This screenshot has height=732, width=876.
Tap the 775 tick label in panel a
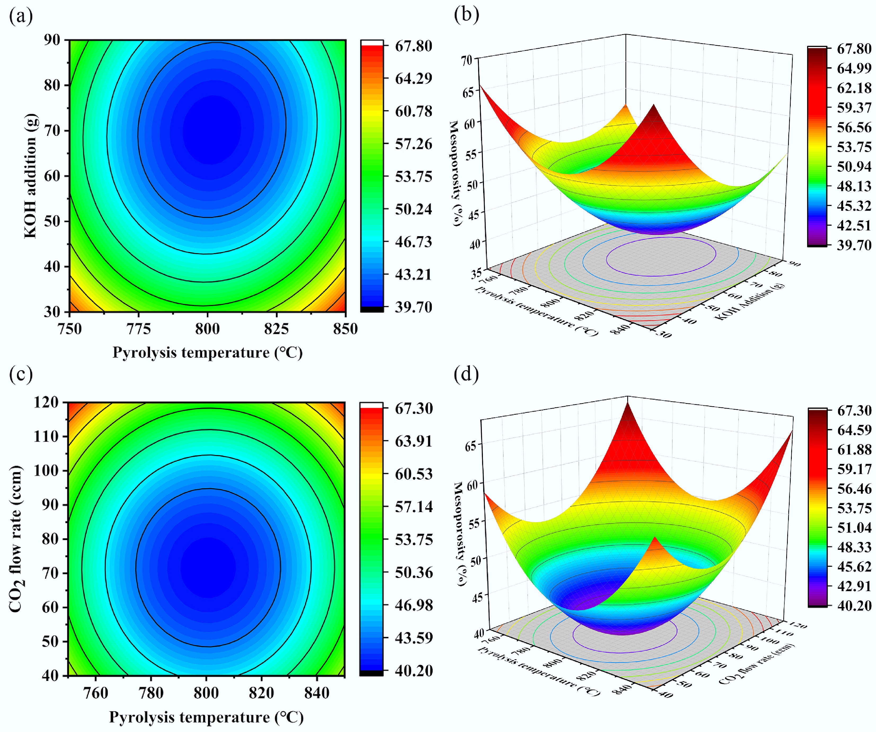[x=139, y=329]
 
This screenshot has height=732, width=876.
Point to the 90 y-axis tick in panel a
[x=52, y=40]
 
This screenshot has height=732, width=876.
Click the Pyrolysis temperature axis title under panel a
[x=207, y=353]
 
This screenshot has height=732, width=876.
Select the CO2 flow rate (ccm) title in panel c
[x=16, y=539]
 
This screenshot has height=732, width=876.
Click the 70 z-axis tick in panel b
[x=466, y=60]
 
